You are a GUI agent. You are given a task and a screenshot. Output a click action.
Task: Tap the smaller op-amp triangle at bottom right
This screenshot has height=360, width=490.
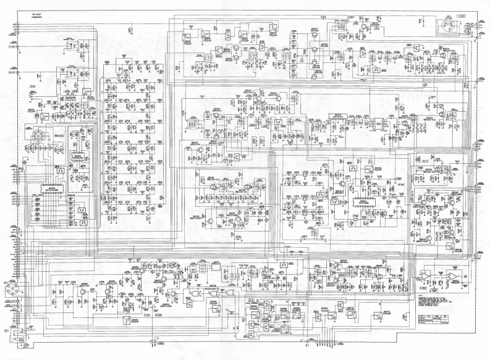[426, 274]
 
